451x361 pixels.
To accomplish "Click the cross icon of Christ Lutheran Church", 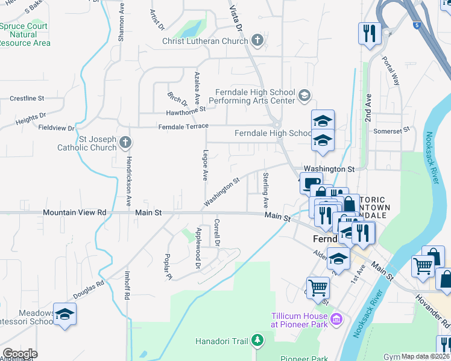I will [257, 42].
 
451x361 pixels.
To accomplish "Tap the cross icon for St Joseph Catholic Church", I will [125, 143].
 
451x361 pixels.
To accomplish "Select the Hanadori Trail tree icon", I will [257, 341].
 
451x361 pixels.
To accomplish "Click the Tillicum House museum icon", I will [337, 318].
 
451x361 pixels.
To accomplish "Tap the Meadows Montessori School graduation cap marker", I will [65, 314].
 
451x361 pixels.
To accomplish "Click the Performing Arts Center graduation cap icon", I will [304, 95].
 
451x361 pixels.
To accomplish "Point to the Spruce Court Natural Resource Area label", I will [25, 35].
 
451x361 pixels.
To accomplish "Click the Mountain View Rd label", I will [74, 212].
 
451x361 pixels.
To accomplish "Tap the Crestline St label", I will [27, 98].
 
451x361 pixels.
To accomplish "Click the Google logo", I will [20, 354].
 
